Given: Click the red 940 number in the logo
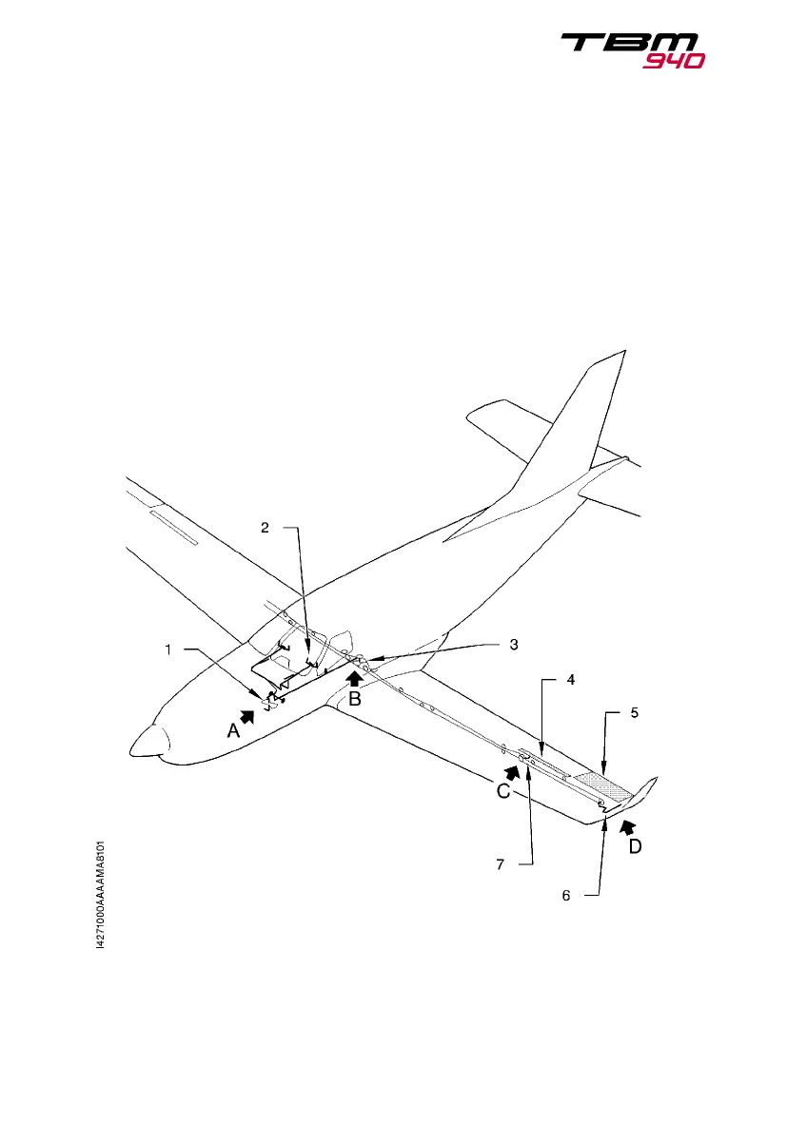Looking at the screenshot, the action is coord(673,62).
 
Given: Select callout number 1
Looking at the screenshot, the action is coord(168,650).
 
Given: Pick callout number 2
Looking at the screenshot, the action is coord(266,528).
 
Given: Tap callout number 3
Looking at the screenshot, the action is coord(513,644).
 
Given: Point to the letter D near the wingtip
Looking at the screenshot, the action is coord(633,844).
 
